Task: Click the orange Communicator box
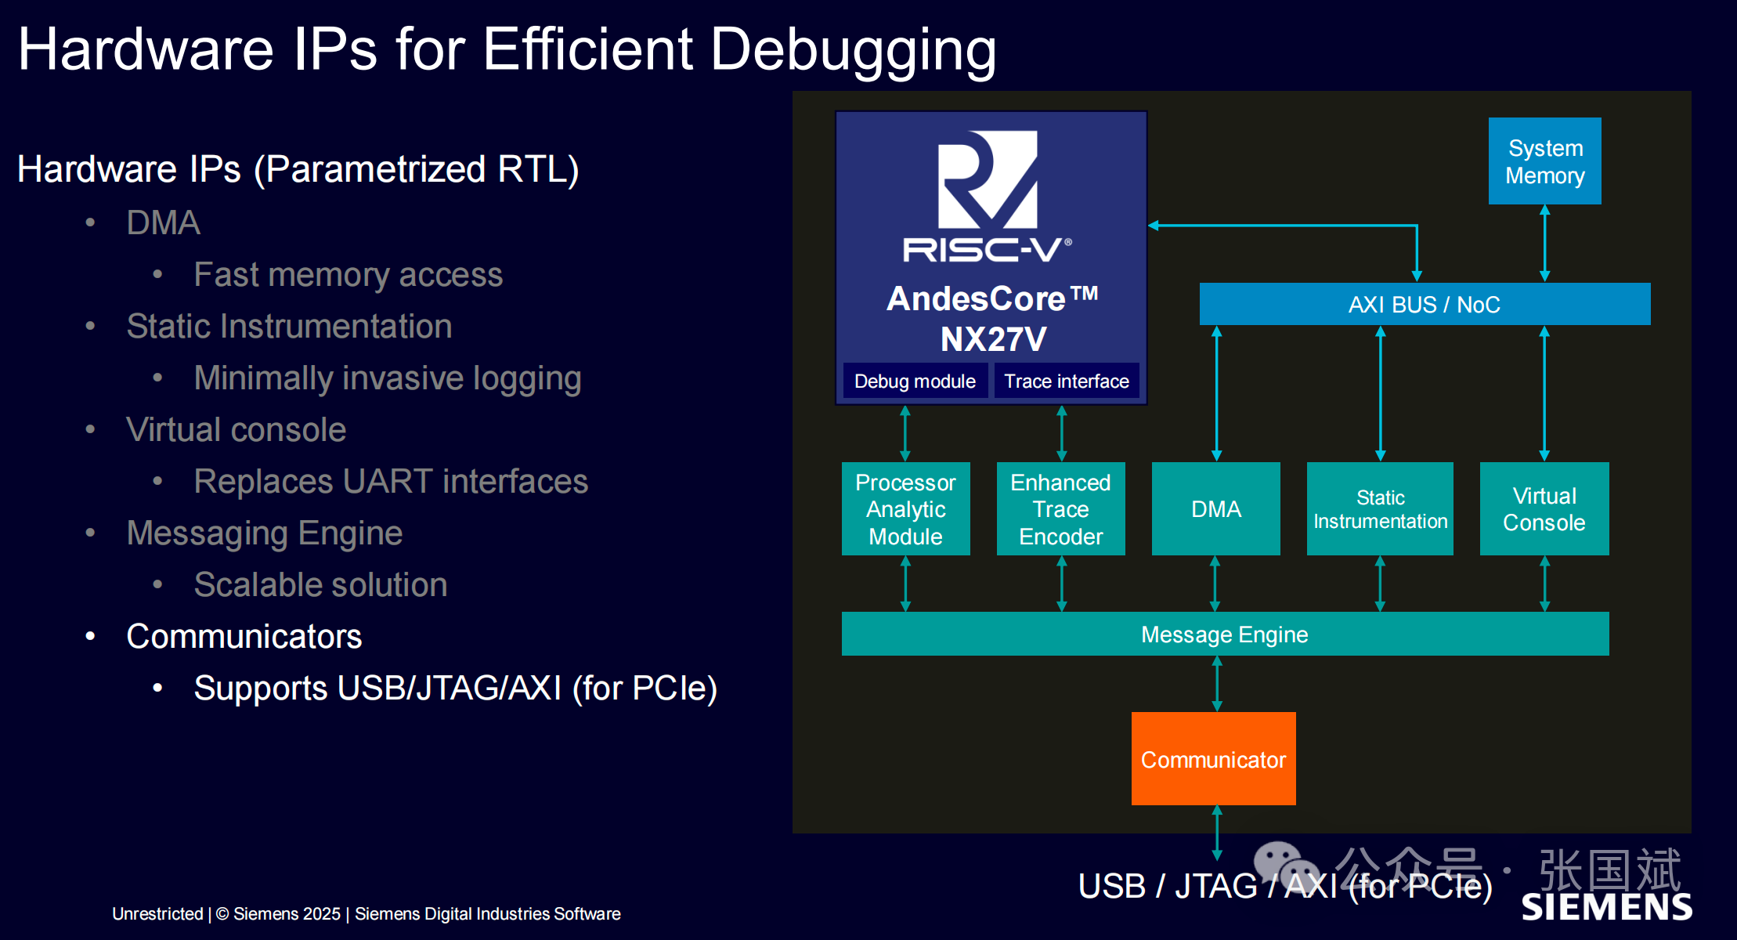[x=1213, y=758]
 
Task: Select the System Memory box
[x=1544, y=161]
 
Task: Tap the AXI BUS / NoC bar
[x=1424, y=304]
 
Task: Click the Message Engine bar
[x=1224, y=634]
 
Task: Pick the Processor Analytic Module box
[x=905, y=509]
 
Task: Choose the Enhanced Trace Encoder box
[x=1060, y=509]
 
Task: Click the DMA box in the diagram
[x=1215, y=509]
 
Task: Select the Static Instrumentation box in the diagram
[x=1380, y=509]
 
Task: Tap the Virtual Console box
[x=1544, y=509]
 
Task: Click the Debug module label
[x=915, y=381]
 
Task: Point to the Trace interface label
[x=1067, y=381]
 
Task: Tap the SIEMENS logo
[x=1606, y=906]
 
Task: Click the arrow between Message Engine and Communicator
[x=1217, y=684]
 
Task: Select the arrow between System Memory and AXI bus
[x=1544, y=243]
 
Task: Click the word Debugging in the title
[x=853, y=49]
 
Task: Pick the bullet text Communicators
[x=244, y=636]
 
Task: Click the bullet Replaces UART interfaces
[x=391, y=481]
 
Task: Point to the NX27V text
[x=993, y=339]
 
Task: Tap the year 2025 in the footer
[x=321, y=913]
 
